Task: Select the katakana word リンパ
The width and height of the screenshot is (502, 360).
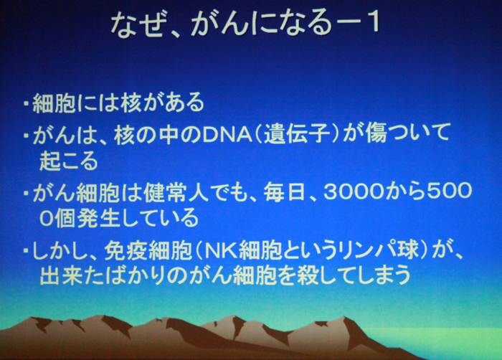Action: click(x=364, y=250)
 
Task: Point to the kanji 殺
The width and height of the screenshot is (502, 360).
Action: click(x=308, y=275)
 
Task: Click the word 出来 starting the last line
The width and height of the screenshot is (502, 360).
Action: click(x=62, y=275)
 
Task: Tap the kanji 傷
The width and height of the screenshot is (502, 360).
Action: click(x=376, y=133)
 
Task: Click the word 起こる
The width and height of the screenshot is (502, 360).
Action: click(x=69, y=161)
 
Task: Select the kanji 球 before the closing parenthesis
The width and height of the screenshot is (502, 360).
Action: click(x=408, y=250)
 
